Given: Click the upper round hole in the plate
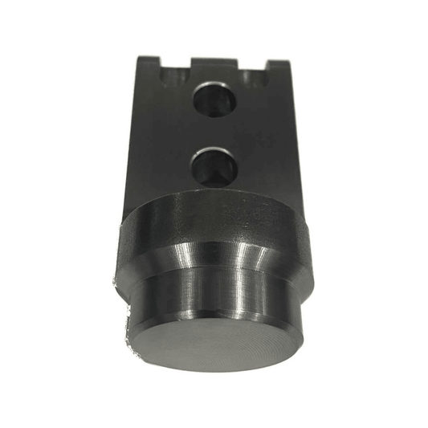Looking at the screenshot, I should pyautogui.click(x=213, y=99).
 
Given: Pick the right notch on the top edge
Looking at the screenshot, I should pyautogui.click(x=255, y=75).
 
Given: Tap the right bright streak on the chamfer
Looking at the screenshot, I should pyautogui.click(x=241, y=259).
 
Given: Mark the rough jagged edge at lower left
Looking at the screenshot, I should pyautogui.click(x=127, y=329).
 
